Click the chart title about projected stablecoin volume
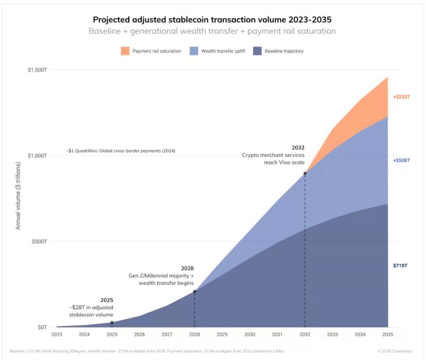pos(212,19)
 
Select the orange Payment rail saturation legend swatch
pos(125,51)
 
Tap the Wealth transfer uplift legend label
pos(224,51)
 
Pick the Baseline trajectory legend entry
pos(284,51)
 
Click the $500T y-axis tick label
pos(39,241)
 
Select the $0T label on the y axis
pos(42,327)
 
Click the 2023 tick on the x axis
pos(56,335)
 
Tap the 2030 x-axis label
pos(250,335)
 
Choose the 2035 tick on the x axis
pos(388,335)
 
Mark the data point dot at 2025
pos(112,323)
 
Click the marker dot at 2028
pos(194,291)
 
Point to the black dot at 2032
pos(305,174)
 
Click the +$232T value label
pos(401,96)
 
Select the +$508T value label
pos(401,160)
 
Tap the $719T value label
pos(400,265)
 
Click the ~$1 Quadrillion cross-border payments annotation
pos(120,151)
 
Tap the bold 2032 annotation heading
pos(298,147)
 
